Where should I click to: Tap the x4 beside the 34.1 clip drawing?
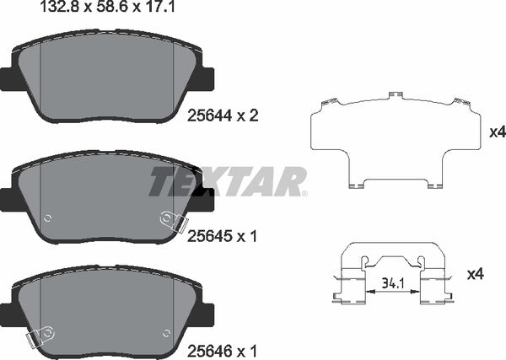tap(473, 274)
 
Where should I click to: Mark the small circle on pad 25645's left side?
tap(47, 217)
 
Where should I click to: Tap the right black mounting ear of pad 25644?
tap(206, 78)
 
